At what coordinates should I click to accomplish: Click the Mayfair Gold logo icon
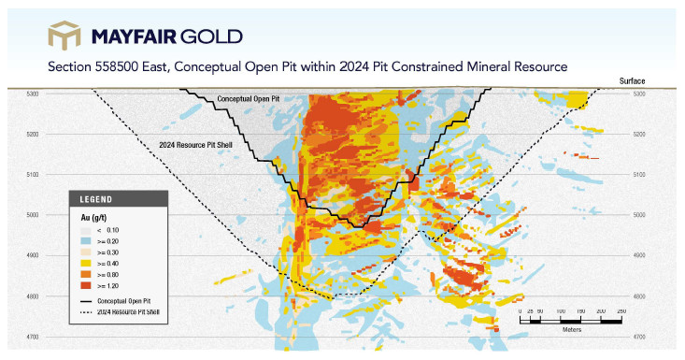(x=64, y=35)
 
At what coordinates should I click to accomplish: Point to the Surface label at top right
(x=632, y=80)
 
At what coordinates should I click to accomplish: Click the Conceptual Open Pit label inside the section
(x=249, y=99)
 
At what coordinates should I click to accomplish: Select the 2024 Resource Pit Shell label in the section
(x=195, y=145)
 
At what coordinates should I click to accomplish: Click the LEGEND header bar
(x=119, y=199)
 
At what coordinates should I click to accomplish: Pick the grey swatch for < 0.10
(x=86, y=230)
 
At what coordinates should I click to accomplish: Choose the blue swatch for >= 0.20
(x=86, y=241)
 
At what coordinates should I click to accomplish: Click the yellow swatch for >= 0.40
(x=86, y=264)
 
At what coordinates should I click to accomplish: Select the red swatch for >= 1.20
(x=86, y=286)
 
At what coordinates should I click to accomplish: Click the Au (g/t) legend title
(x=93, y=217)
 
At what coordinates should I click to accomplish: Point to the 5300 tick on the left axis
(x=33, y=94)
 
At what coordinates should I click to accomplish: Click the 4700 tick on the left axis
(x=33, y=337)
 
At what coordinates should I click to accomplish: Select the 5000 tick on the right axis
(x=639, y=215)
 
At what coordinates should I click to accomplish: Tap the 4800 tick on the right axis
(x=639, y=296)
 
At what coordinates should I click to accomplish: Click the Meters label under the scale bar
(x=572, y=330)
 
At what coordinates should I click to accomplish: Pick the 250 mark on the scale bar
(x=621, y=311)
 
